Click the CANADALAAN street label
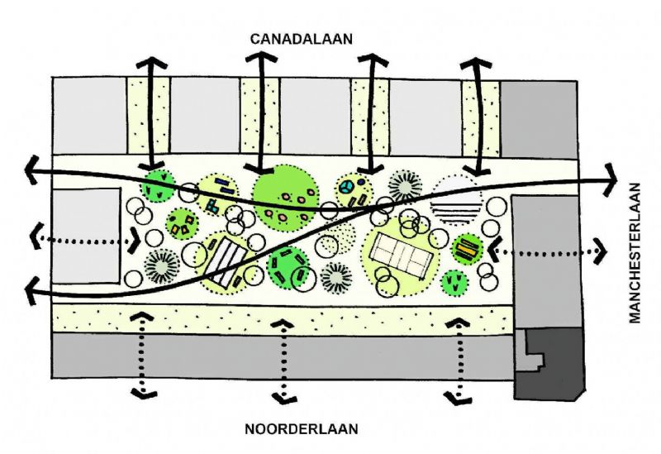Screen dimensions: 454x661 click(x=302, y=39)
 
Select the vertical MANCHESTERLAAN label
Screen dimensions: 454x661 click(x=636, y=253)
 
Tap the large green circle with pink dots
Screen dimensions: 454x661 click(x=286, y=199)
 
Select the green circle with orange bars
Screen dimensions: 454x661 click(x=467, y=248)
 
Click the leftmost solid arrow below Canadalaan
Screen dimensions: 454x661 click(x=150, y=116)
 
